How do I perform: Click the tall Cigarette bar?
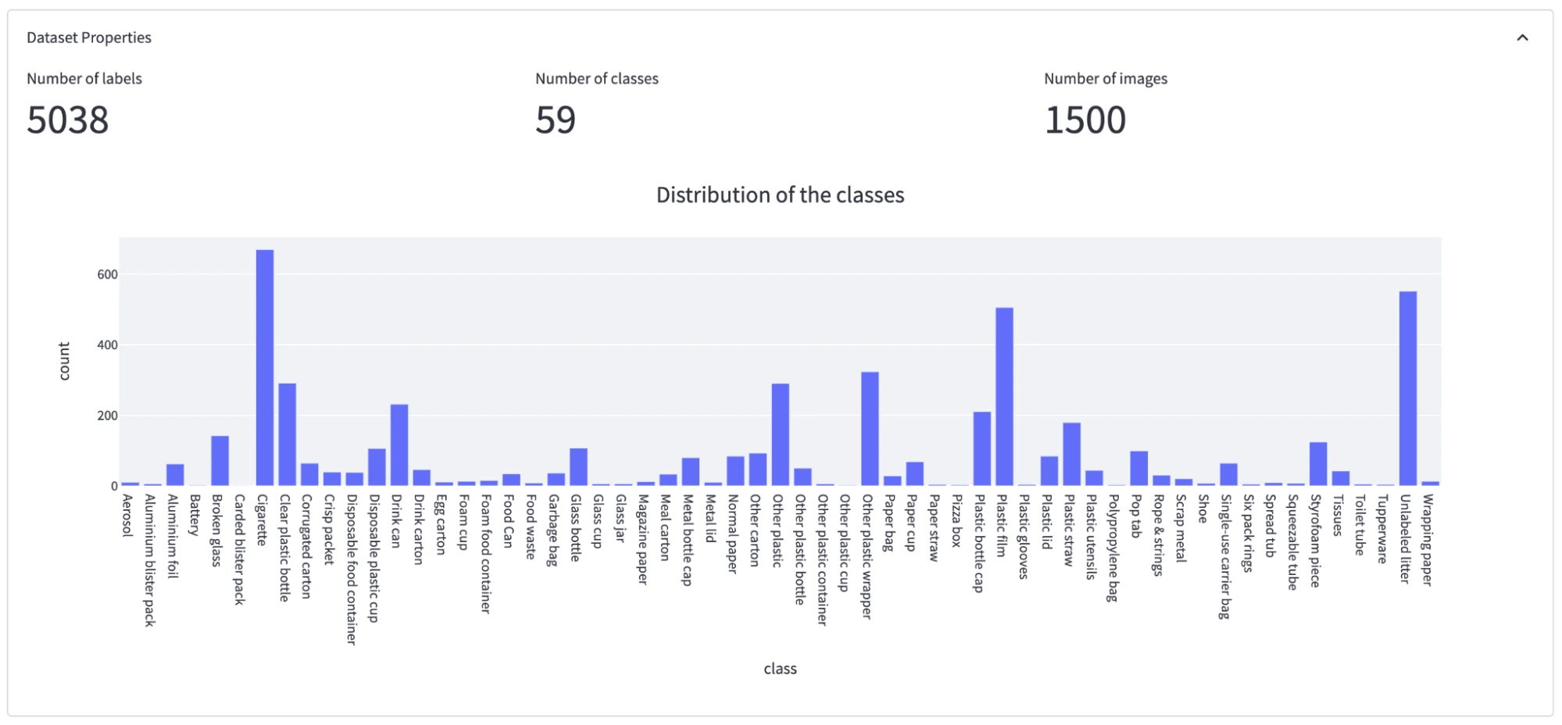[x=265, y=367]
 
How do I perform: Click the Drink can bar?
[x=399, y=445]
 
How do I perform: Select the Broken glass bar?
[x=220, y=460]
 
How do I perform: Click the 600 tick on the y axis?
[x=108, y=274]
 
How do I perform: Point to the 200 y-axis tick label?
[x=108, y=416]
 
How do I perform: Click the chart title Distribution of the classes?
[x=780, y=195]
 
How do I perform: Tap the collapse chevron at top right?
[x=1522, y=37]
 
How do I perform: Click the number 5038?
[x=68, y=120]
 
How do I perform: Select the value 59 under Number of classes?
[x=556, y=120]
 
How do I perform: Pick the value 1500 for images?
[x=1085, y=120]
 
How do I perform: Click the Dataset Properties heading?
[x=89, y=37]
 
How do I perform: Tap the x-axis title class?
[x=780, y=669]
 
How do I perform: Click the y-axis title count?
[x=64, y=361]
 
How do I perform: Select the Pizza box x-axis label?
[x=956, y=520]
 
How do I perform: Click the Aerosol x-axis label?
[x=127, y=515]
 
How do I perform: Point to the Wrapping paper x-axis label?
[x=1428, y=539]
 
